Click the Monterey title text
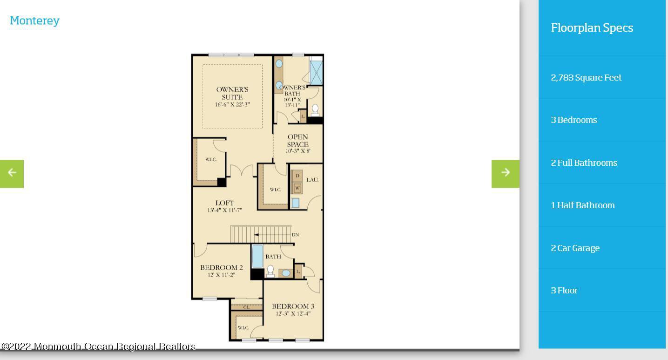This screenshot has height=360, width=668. coord(34,21)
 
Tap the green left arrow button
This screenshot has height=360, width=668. coord(12,174)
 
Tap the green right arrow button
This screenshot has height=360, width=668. coord(505,174)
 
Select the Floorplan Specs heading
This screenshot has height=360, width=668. coord(592,28)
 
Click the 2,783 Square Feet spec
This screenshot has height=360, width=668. coord(586,78)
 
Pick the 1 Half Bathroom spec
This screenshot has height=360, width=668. coord(582,205)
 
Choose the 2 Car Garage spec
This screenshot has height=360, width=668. coord(575,248)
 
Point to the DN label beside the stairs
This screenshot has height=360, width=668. coord(295,235)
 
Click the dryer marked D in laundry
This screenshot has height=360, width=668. coord(297,176)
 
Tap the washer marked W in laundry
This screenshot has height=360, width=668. coord(297,188)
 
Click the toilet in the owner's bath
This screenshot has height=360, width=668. coord(315,110)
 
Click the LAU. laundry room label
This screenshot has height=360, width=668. coord(312,180)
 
